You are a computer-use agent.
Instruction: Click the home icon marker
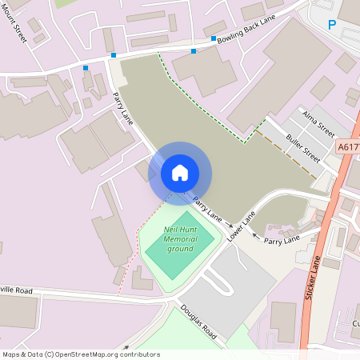(x=180, y=173)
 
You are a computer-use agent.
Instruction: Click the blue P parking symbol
(x=332, y=26)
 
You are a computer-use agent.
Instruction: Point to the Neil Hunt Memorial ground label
(x=180, y=239)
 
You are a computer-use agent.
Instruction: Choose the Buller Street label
(x=303, y=148)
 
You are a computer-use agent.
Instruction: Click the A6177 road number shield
(x=348, y=147)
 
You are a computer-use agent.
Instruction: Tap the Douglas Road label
(x=198, y=322)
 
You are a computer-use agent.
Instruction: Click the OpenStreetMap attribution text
(x=81, y=354)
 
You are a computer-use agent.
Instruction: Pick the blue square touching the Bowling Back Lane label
(x=214, y=38)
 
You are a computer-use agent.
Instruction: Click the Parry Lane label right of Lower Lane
(x=282, y=238)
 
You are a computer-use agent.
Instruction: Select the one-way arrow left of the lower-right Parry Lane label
(x=255, y=236)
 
